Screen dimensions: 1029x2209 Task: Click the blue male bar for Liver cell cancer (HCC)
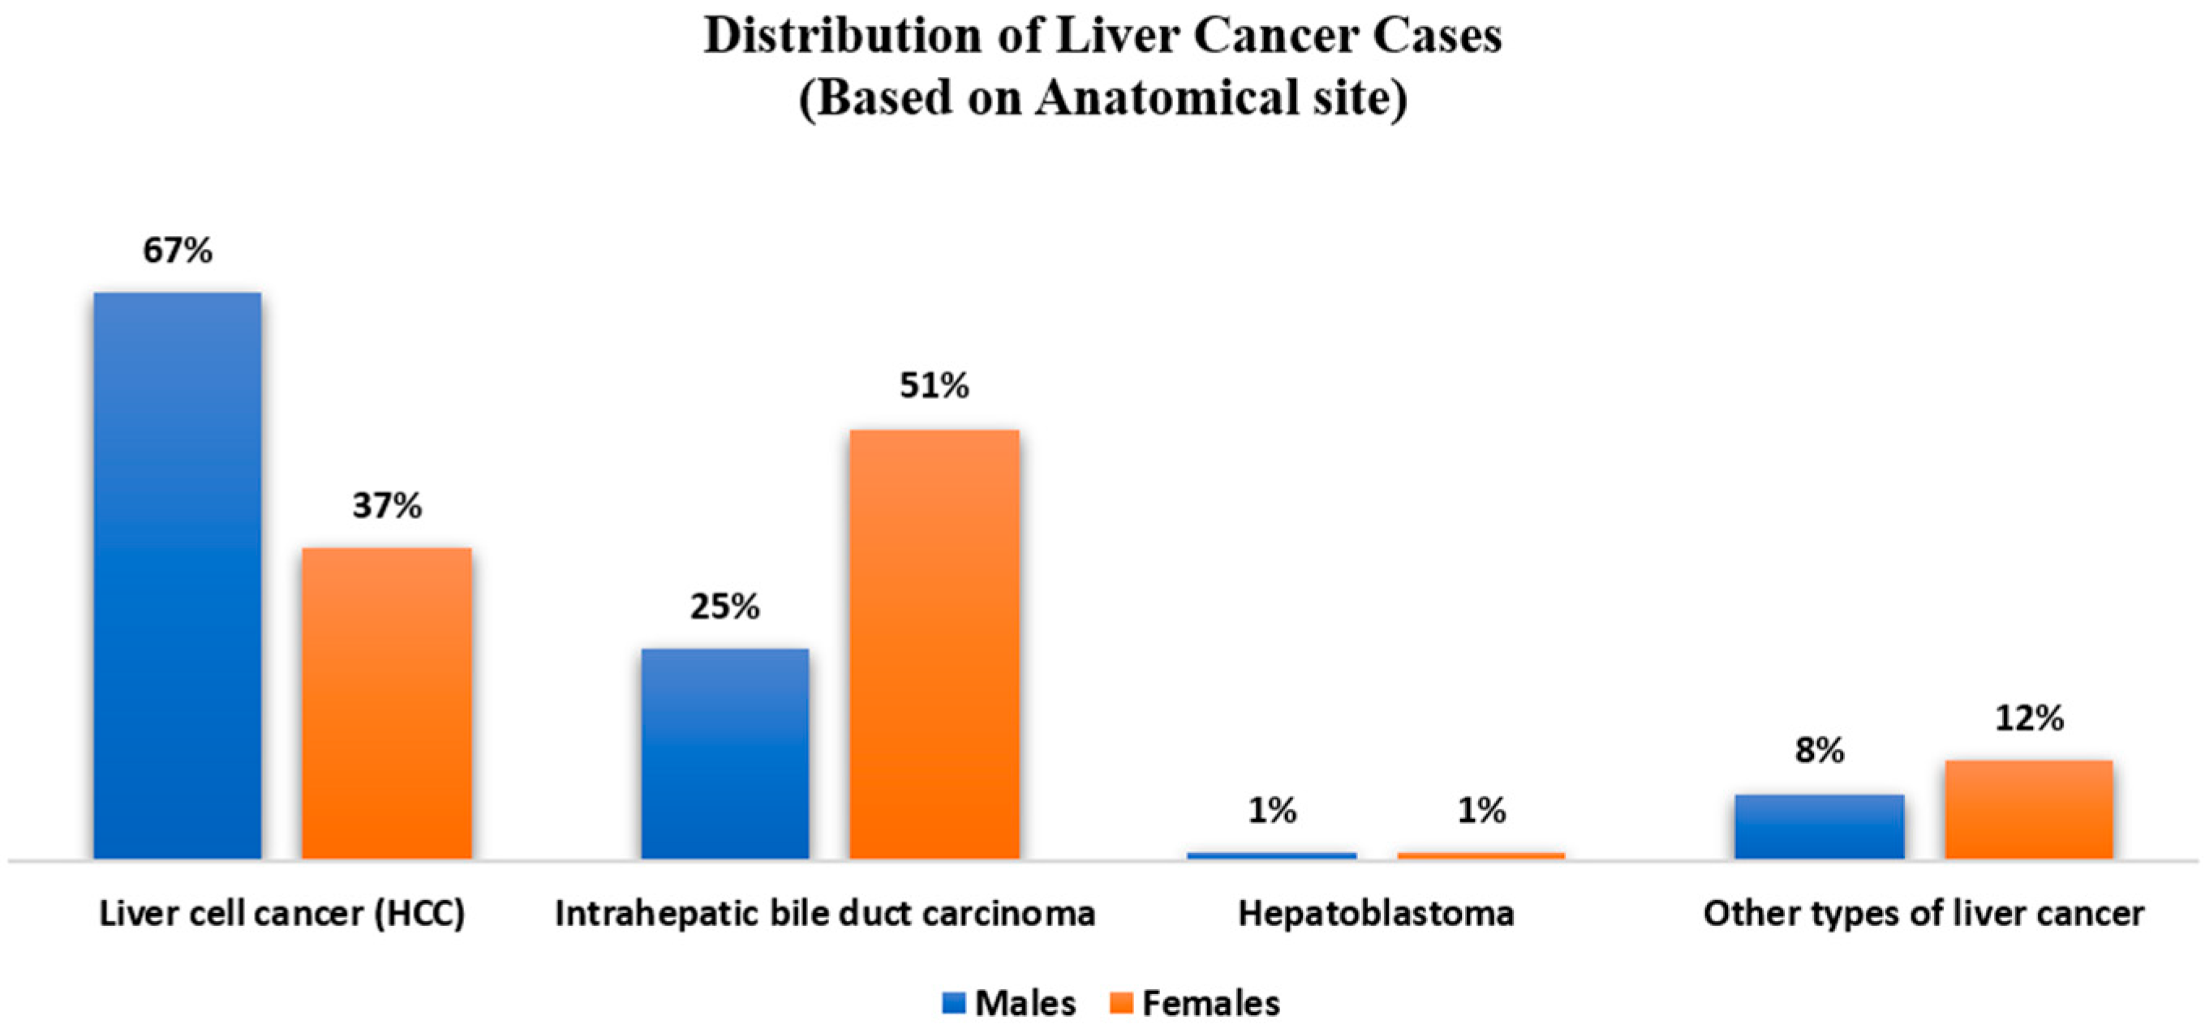click(x=178, y=575)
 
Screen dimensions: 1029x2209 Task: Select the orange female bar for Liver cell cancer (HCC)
click(x=387, y=703)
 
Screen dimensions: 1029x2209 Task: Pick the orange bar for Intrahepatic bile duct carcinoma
click(x=934, y=643)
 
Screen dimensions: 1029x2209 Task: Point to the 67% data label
click(x=178, y=251)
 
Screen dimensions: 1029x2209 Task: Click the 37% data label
click(x=387, y=505)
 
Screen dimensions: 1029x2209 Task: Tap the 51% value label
click(x=934, y=386)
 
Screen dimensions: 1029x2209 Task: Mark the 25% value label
click(x=724, y=607)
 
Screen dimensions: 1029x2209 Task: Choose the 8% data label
click(x=1819, y=750)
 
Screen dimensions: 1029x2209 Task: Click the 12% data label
click(x=2028, y=718)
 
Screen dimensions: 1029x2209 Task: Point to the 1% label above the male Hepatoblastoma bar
click(x=1272, y=810)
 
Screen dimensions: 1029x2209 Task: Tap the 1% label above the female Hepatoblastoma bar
click(x=1481, y=810)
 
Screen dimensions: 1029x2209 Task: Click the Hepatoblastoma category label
click(x=1376, y=913)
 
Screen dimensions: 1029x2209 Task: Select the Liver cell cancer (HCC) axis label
click(x=282, y=913)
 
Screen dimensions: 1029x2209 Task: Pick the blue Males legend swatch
click(x=953, y=1002)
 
